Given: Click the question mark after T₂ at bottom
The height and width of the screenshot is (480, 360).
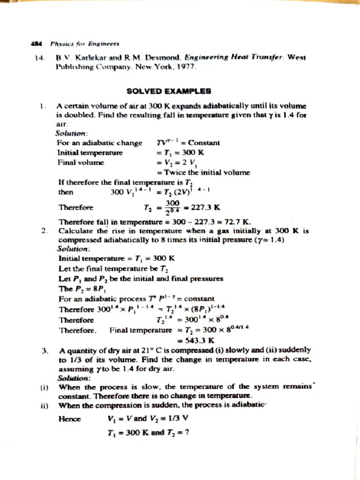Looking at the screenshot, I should coord(186,433).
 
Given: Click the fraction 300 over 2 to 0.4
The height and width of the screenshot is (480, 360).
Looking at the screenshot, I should coord(174,207).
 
